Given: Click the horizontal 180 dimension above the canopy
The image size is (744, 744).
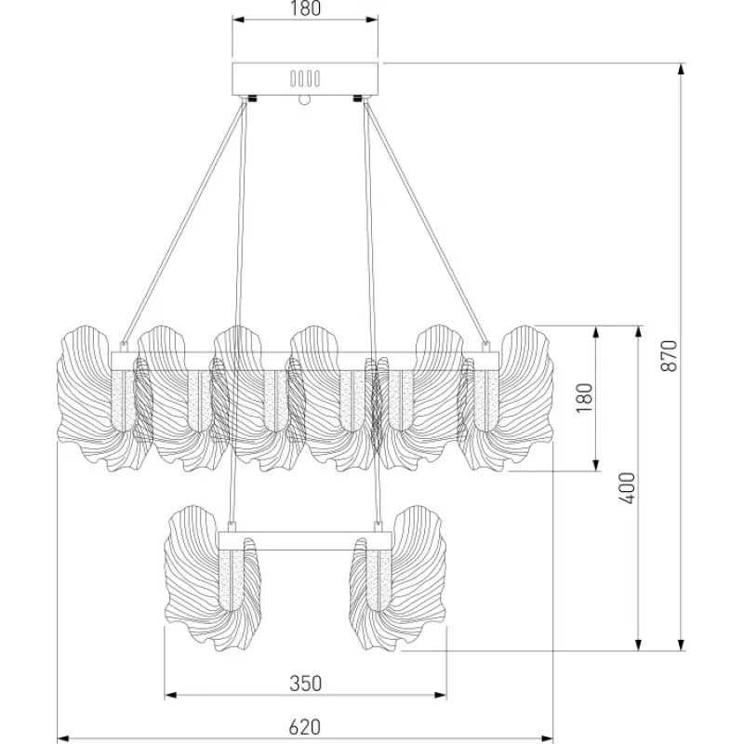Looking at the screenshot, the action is click(305, 9).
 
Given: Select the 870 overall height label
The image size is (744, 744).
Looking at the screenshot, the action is click(669, 356).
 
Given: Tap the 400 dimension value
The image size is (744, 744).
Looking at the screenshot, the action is click(627, 487).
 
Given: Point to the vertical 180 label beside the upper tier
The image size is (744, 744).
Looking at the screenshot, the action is click(585, 398).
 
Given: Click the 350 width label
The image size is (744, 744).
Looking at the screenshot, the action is click(306, 684).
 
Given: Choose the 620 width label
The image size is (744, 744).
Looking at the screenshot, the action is click(305, 727).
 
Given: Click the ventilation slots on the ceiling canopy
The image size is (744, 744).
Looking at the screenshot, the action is click(305, 78).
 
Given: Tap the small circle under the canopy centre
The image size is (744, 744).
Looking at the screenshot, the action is click(304, 100).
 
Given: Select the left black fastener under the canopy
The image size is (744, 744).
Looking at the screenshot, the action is click(251, 99).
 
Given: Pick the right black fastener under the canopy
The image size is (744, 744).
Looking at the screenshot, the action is click(357, 99).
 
